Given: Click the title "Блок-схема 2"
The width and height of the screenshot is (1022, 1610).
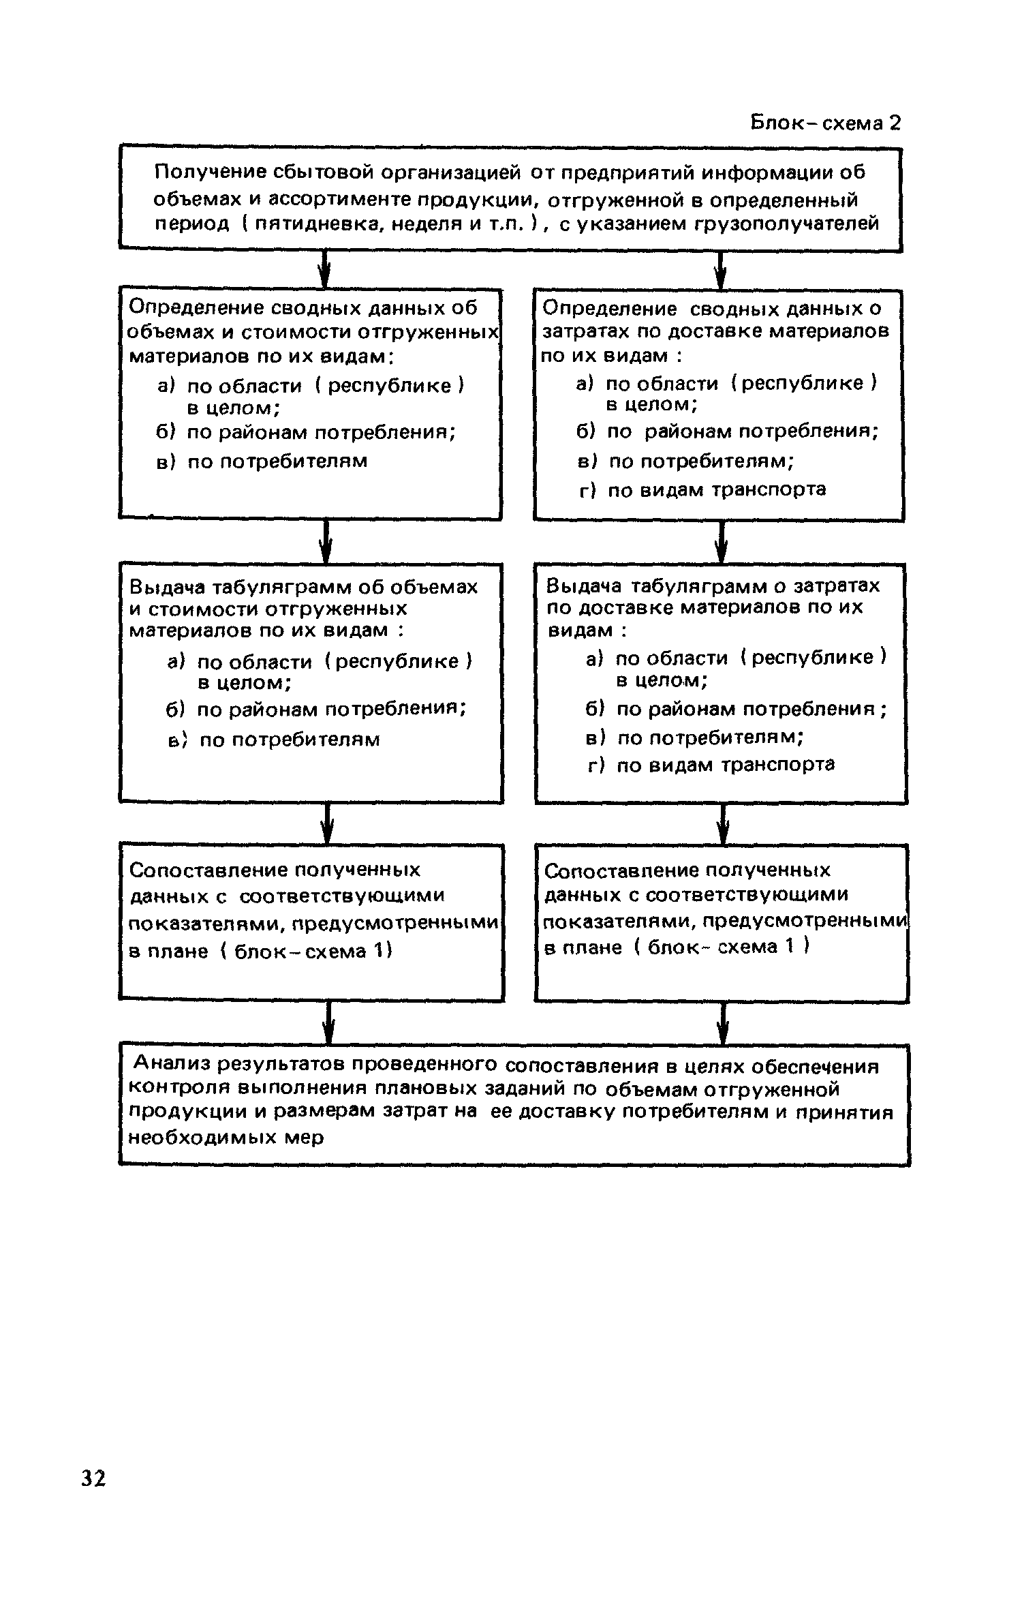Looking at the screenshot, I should [825, 123].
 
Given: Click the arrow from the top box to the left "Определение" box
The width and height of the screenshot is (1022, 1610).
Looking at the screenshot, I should [325, 270].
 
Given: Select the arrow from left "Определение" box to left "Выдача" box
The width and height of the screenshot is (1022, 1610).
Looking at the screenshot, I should [326, 541].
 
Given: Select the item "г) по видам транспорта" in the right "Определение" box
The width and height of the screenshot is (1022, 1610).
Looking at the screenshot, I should [702, 489].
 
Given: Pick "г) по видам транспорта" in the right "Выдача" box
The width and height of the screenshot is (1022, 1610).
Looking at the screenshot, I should [711, 765].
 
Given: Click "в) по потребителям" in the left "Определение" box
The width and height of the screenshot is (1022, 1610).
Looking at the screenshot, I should [262, 461].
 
